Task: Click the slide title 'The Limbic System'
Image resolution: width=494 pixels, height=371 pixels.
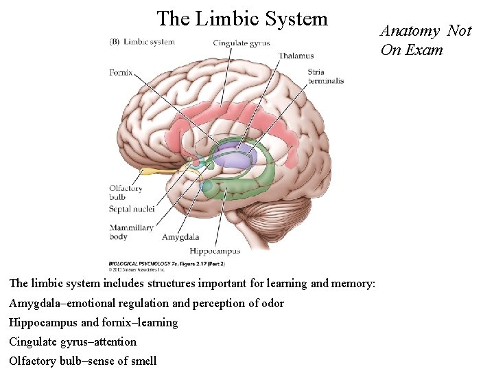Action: (x=242, y=19)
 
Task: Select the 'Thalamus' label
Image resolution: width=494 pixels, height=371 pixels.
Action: (x=296, y=56)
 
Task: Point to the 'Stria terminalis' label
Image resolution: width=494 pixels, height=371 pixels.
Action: (x=325, y=76)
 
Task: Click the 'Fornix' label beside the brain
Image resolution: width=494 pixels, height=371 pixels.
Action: (x=121, y=71)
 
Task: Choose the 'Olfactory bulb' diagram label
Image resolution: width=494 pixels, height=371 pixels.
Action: (x=125, y=192)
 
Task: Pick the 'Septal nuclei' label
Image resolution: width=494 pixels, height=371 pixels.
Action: (x=131, y=208)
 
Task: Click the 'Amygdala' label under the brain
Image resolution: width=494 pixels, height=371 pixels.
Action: (x=180, y=238)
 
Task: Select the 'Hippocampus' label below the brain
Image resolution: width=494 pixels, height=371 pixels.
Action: (x=215, y=251)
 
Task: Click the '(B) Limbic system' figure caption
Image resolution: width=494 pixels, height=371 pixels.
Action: (x=142, y=41)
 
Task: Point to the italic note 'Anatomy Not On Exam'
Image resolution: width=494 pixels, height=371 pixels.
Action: (x=425, y=40)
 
